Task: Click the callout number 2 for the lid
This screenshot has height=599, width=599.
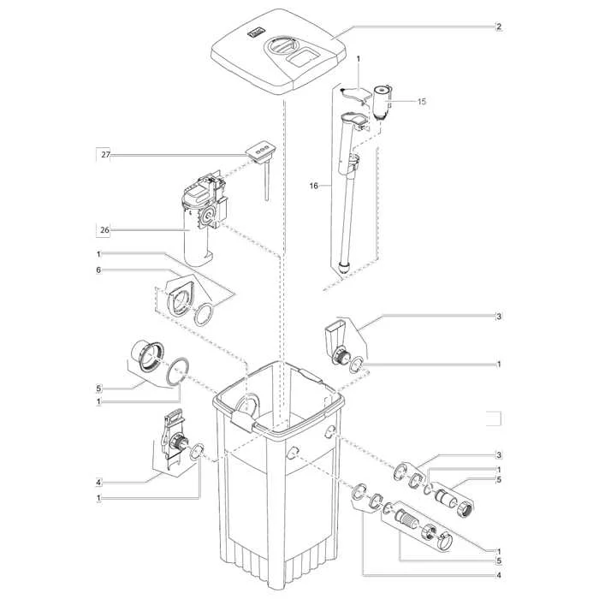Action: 499,27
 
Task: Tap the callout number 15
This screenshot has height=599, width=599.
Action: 421,102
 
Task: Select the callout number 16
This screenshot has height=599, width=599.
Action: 314,186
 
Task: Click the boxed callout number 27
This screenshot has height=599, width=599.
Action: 105,155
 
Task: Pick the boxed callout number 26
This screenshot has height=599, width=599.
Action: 104,230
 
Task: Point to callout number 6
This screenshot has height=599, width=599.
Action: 98,270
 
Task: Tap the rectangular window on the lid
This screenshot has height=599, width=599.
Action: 304,57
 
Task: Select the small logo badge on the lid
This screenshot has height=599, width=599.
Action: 254,33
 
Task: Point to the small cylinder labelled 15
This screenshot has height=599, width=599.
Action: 382,102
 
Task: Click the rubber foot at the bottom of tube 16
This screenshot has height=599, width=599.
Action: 344,266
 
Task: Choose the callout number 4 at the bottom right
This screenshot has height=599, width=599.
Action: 499,575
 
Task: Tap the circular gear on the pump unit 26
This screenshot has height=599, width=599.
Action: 209,216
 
